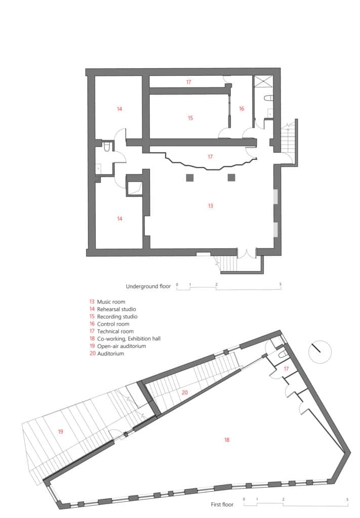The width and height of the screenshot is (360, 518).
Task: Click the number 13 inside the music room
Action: (x=211, y=206)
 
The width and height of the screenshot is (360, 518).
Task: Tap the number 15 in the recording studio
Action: (x=190, y=118)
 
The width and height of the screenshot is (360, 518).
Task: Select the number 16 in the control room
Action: (x=242, y=109)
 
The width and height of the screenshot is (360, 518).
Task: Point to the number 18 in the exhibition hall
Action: (x=227, y=440)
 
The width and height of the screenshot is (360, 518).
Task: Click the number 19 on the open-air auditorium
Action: (x=61, y=431)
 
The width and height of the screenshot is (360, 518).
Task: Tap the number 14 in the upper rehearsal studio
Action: (x=119, y=109)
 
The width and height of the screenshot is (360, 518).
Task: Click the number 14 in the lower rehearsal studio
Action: (x=119, y=219)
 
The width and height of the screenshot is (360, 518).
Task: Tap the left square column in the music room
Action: (x=190, y=177)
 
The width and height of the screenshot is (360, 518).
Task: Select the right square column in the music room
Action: (x=231, y=177)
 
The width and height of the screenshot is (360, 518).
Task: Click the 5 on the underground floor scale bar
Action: (x=281, y=284)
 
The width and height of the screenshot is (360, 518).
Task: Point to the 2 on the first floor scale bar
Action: (x=283, y=499)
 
